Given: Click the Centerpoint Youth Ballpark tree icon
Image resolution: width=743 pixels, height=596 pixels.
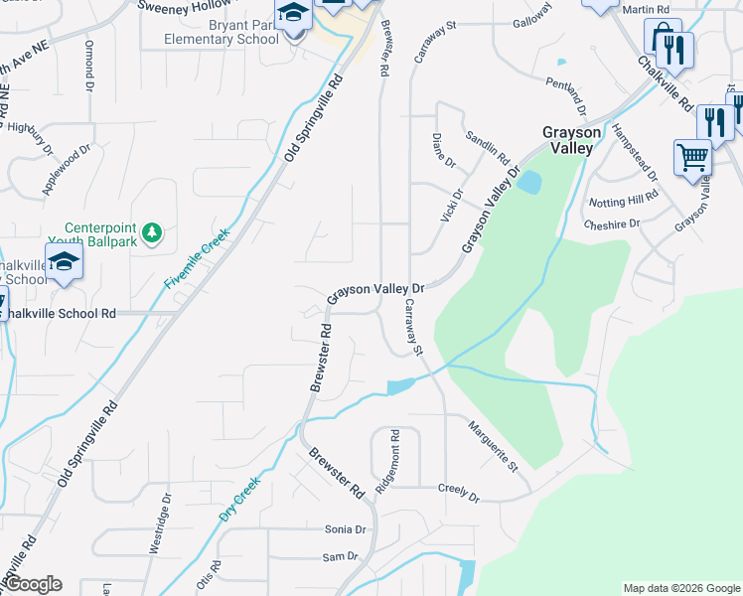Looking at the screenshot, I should [x=151, y=232].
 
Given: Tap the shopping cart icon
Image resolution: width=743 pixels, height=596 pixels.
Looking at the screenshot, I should [x=692, y=157].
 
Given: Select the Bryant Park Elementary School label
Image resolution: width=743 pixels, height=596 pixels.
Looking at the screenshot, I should [x=223, y=32].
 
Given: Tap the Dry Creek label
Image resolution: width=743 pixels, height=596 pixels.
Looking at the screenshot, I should [x=240, y=500].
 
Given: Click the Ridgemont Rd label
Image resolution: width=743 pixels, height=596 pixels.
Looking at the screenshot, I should [x=388, y=463].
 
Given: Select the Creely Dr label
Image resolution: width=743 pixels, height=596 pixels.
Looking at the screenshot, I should [x=459, y=494].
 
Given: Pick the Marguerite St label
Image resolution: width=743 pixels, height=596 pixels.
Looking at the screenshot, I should [x=495, y=445].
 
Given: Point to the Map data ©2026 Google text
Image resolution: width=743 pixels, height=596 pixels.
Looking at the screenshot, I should [x=680, y=588].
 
